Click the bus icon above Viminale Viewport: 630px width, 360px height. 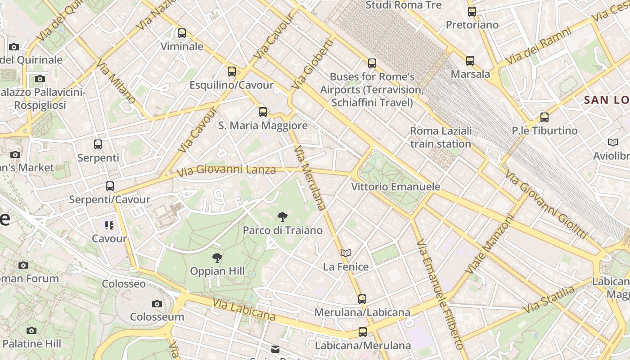181,33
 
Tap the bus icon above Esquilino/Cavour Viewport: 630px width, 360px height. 232,72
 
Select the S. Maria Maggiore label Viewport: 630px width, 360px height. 263,126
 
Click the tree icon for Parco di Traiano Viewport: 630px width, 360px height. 282,217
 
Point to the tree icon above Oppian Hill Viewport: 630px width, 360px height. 217,258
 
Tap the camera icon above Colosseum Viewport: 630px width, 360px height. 157,304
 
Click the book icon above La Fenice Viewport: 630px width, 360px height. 345,253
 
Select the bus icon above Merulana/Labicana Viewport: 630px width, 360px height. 362,299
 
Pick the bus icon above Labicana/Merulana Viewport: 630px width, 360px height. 363,333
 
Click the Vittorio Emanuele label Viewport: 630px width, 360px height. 396,186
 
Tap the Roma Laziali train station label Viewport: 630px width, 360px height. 441,137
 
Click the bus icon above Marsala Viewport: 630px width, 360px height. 470,60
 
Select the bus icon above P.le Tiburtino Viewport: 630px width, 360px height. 544,117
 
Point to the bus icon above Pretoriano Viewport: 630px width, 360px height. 472,12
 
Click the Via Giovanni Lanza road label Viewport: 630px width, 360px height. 226,171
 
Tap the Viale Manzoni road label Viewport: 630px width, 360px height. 490,245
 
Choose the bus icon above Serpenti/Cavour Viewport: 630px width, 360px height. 109,186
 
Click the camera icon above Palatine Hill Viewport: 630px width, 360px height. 31,331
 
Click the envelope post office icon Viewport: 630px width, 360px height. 275,349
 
